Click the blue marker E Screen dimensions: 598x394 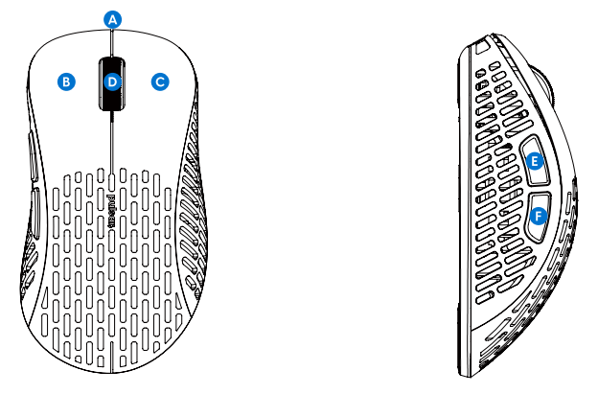click(535, 161)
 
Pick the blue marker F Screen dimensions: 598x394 click(539, 217)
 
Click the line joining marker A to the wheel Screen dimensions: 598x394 click(113, 42)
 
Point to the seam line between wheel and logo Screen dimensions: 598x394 click(112, 144)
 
